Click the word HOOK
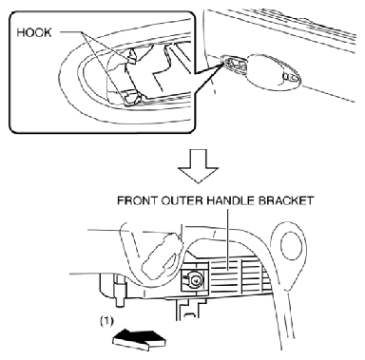click(34, 32)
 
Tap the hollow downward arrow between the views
click(198, 166)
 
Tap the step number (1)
click(106, 321)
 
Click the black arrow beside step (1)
click(140, 340)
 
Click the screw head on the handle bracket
click(193, 279)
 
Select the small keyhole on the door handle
click(290, 77)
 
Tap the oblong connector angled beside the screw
click(162, 256)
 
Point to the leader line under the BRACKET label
click(228, 239)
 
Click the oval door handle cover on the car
click(274, 72)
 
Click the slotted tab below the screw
click(188, 311)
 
